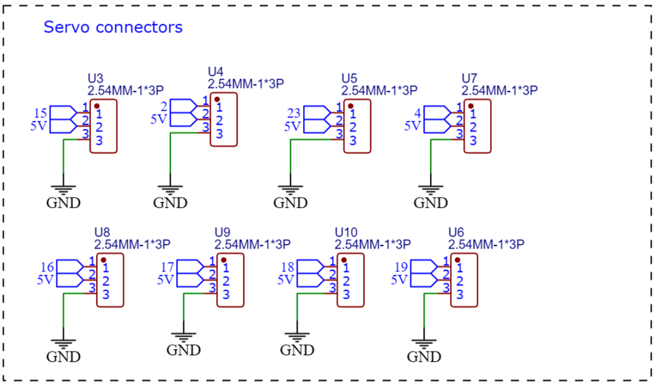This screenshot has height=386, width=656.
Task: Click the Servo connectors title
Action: (x=113, y=27)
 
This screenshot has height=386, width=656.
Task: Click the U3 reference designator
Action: (x=95, y=78)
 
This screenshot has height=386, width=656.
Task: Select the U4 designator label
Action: (x=216, y=72)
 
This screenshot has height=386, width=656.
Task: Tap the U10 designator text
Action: (x=346, y=232)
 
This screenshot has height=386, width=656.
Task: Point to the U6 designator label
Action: (x=456, y=232)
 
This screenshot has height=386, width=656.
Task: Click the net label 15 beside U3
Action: (x=40, y=113)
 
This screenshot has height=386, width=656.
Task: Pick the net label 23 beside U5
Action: (x=294, y=113)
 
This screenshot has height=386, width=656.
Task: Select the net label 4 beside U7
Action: (x=417, y=113)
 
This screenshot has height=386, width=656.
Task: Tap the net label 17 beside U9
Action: (x=167, y=267)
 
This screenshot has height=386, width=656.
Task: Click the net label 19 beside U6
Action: (x=401, y=267)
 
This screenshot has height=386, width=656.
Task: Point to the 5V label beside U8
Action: (x=45, y=280)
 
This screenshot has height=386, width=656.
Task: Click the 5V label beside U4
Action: (x=159, y=119)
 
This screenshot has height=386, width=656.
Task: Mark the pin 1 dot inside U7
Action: (x=471, y=106)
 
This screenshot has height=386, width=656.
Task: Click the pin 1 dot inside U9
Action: (x=224, y=260)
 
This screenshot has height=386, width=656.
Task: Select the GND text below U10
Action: (x=297, y=350)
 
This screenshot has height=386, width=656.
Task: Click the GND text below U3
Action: (x=63, y=203)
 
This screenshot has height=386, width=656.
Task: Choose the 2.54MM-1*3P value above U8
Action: (x=132, y=244)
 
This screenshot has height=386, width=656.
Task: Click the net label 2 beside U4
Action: (x=163, y=107)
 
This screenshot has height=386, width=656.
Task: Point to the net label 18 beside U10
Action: (x=287, y=267)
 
